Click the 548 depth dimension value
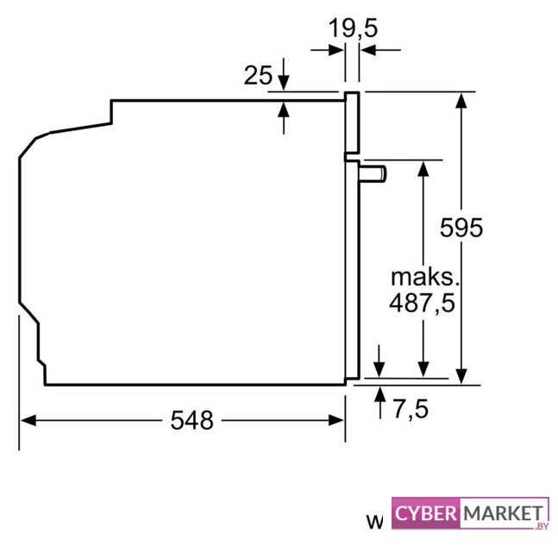tap(191, 420)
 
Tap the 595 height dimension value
tap(461, 228)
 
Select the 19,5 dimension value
tap(353, 28)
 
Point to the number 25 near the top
tap(258, 75)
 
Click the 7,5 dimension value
tap(411, 409)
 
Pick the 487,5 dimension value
tap(422, 304)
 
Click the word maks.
tap(425, 277)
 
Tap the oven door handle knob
tap(373, 174)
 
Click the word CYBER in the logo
tap(425, 513)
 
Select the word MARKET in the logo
tap(503, 513)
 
